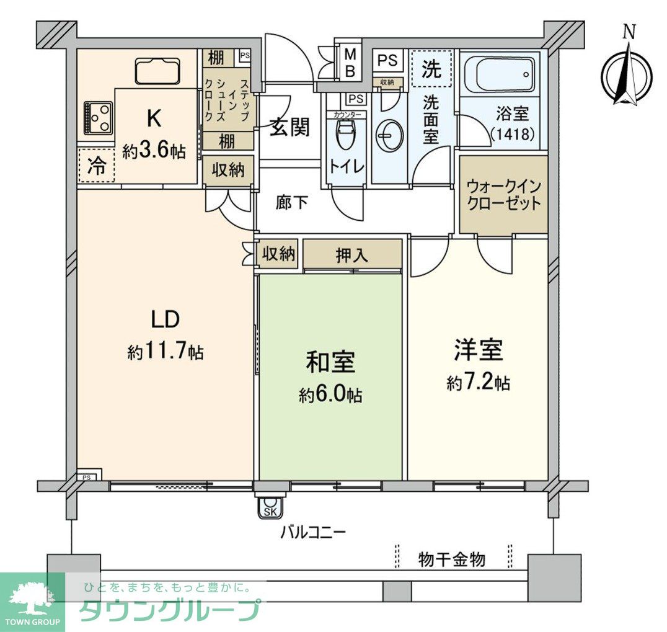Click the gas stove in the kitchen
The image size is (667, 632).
pos(97,118)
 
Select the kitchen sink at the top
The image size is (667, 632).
pos(157,71)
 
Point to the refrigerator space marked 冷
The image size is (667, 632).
pos(96,165)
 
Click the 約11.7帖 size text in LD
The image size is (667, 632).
pos(166,352)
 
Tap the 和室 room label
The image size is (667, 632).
pos(330,362)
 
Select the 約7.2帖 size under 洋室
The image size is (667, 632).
pos(478,383)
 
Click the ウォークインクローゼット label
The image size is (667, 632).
pos(503,194)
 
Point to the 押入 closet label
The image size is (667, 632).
pos(352,254)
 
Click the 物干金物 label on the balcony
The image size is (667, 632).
pos(452,560)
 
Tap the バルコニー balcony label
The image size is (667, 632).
pos(312,532)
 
